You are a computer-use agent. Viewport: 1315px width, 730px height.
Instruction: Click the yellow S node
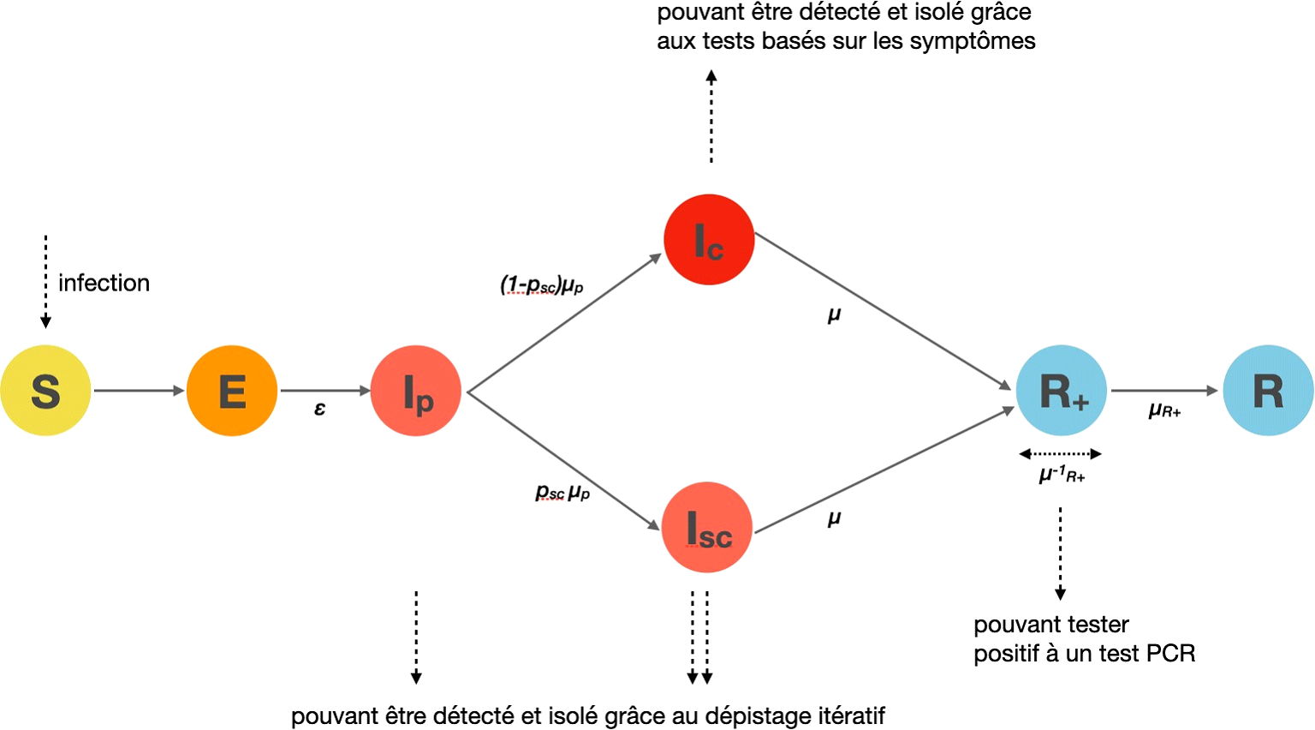(x=45, y=391)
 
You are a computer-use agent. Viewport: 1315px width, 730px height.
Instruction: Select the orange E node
(x=232, y=391)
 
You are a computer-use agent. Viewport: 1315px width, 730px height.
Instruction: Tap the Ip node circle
(x=416, y=391)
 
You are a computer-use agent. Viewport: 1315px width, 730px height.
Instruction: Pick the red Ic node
(x=709, y=239)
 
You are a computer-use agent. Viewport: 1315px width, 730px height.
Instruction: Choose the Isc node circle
(x=707, y=528)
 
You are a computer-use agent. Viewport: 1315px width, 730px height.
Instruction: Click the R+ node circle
(x=1062, y=391)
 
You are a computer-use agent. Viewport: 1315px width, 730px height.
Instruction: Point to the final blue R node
(x=1268, y=391)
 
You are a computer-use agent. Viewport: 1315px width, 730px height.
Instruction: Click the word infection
(x=104, y=284)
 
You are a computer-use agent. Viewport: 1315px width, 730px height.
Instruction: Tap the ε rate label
(x=320, y=410)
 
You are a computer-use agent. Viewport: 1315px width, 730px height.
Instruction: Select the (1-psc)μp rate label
(x=542, y=285)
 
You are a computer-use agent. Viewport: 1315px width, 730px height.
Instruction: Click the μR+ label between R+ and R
(x=1164, y=411)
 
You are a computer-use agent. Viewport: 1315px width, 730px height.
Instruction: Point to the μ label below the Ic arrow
(x=834, y=315)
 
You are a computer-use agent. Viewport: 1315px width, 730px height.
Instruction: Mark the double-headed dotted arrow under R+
(x=1060, y=454)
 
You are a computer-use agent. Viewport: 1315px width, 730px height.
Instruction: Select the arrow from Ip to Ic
(x=565, y=323)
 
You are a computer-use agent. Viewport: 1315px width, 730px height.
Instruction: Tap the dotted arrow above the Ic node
(x=711, y=117)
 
